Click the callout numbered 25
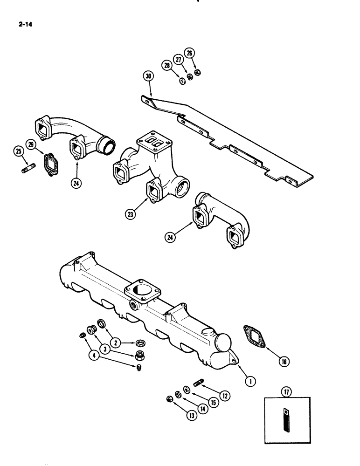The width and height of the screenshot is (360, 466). [18, 152]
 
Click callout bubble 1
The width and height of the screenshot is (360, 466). [251, 381]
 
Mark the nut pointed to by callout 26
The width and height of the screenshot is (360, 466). [198, 72]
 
